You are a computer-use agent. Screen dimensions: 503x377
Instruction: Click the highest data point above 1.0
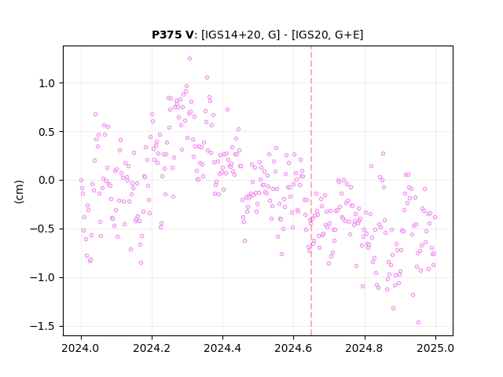pyautogui.click(x=189, y=59)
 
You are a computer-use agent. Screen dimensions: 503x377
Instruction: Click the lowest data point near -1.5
pyautogui.click(x=418, y=323)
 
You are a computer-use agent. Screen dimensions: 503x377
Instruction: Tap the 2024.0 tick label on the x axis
pyautogui.click(x=81, y=348)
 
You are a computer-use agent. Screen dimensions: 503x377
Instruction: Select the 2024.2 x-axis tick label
pyautogui.click(x=152, y=348)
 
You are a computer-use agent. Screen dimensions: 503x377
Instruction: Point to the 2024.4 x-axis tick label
pyautogui.click(x=222, y=348)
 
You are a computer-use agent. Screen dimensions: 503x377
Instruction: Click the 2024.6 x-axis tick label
pyautogui.click(x=293, y=348)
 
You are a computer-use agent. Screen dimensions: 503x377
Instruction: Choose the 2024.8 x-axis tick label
pyautogui.click(x=365, y=348)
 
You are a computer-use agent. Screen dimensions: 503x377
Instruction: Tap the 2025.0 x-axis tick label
pyautogui.click(x=435, y=348)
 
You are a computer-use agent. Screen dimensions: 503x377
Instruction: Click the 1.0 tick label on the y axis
pyautogui.click(x=47, y=83)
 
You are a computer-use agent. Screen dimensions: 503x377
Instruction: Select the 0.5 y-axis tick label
pyautogui.click(x=47, y=132)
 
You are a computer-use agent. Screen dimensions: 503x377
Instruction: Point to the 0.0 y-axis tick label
pyautogui.click(x=47, y=181)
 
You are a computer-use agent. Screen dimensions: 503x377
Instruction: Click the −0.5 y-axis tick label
pyautogui.click(x=42, y=229)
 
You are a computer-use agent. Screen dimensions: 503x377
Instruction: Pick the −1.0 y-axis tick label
pyautogui.click(x=42, y=277)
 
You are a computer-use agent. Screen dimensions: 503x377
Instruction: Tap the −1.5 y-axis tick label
pyautogui.click(x=42, y=327)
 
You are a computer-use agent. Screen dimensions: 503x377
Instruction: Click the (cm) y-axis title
pyautogui.click(x=19, y=192)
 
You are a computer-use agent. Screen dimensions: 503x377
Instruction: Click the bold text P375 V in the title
pyautogui.click(x=173, y=35)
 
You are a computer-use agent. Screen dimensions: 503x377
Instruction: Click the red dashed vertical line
pyautogui.click(x=311, y=191)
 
